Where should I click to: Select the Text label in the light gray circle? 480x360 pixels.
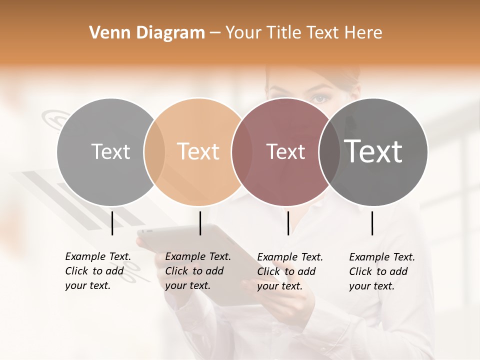point(110,151)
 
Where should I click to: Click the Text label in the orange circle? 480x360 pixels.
point(198,151)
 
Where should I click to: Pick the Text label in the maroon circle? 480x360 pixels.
point(285,151)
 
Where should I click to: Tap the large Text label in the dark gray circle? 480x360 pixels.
point(373,151)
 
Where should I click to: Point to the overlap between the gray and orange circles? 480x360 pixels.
point(154,151)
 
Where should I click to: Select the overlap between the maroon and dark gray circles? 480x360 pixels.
point(329,151)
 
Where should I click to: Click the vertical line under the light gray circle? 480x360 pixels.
point(112,223)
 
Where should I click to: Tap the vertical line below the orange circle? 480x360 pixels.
point(200,223)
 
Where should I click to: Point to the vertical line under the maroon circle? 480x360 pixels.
point(288,223)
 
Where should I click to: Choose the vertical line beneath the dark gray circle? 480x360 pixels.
point(372,223)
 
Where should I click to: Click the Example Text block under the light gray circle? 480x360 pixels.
point(97,271)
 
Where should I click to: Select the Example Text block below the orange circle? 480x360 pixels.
point(197,271)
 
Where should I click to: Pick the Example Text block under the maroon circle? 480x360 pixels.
point(289,271)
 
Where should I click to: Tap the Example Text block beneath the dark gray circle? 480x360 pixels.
point(381,271)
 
